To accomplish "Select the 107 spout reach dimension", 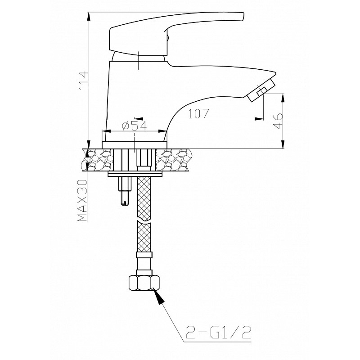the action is (198, 113).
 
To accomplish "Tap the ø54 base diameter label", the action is (135, 126).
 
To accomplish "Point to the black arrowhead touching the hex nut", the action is (159, 296).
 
